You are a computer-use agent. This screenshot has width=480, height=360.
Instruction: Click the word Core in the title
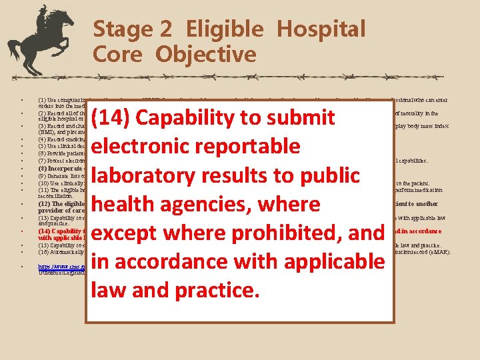point(118,54)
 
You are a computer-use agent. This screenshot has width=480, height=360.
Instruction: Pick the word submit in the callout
point(310,118)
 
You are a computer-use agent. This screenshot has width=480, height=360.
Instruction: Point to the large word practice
point(214,290)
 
